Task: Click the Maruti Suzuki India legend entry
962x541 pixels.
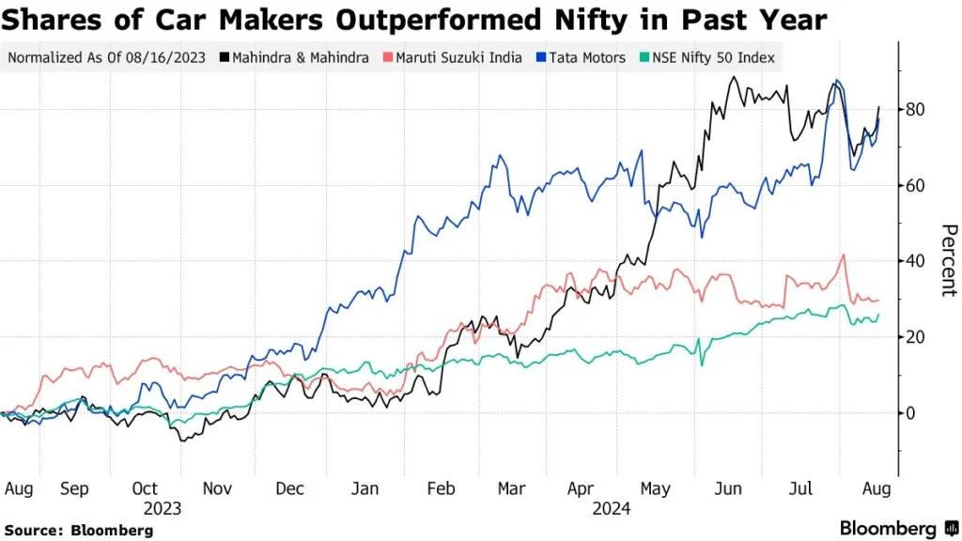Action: [x=455, y=58]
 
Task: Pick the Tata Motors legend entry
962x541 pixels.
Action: [x=582, y=58]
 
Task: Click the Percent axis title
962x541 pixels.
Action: [x=949, y=260]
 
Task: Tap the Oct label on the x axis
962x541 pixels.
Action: [x=145, y=489]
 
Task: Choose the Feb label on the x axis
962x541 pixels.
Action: [x=441, y=489]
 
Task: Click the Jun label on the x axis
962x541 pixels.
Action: [x=728, y=489]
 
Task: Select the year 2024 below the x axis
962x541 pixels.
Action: [x=612, y=508]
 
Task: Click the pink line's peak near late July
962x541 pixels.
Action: [x=844, y=255]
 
